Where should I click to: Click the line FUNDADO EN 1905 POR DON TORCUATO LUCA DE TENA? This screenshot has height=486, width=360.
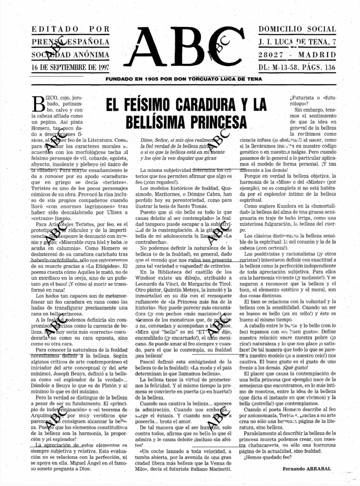182,79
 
